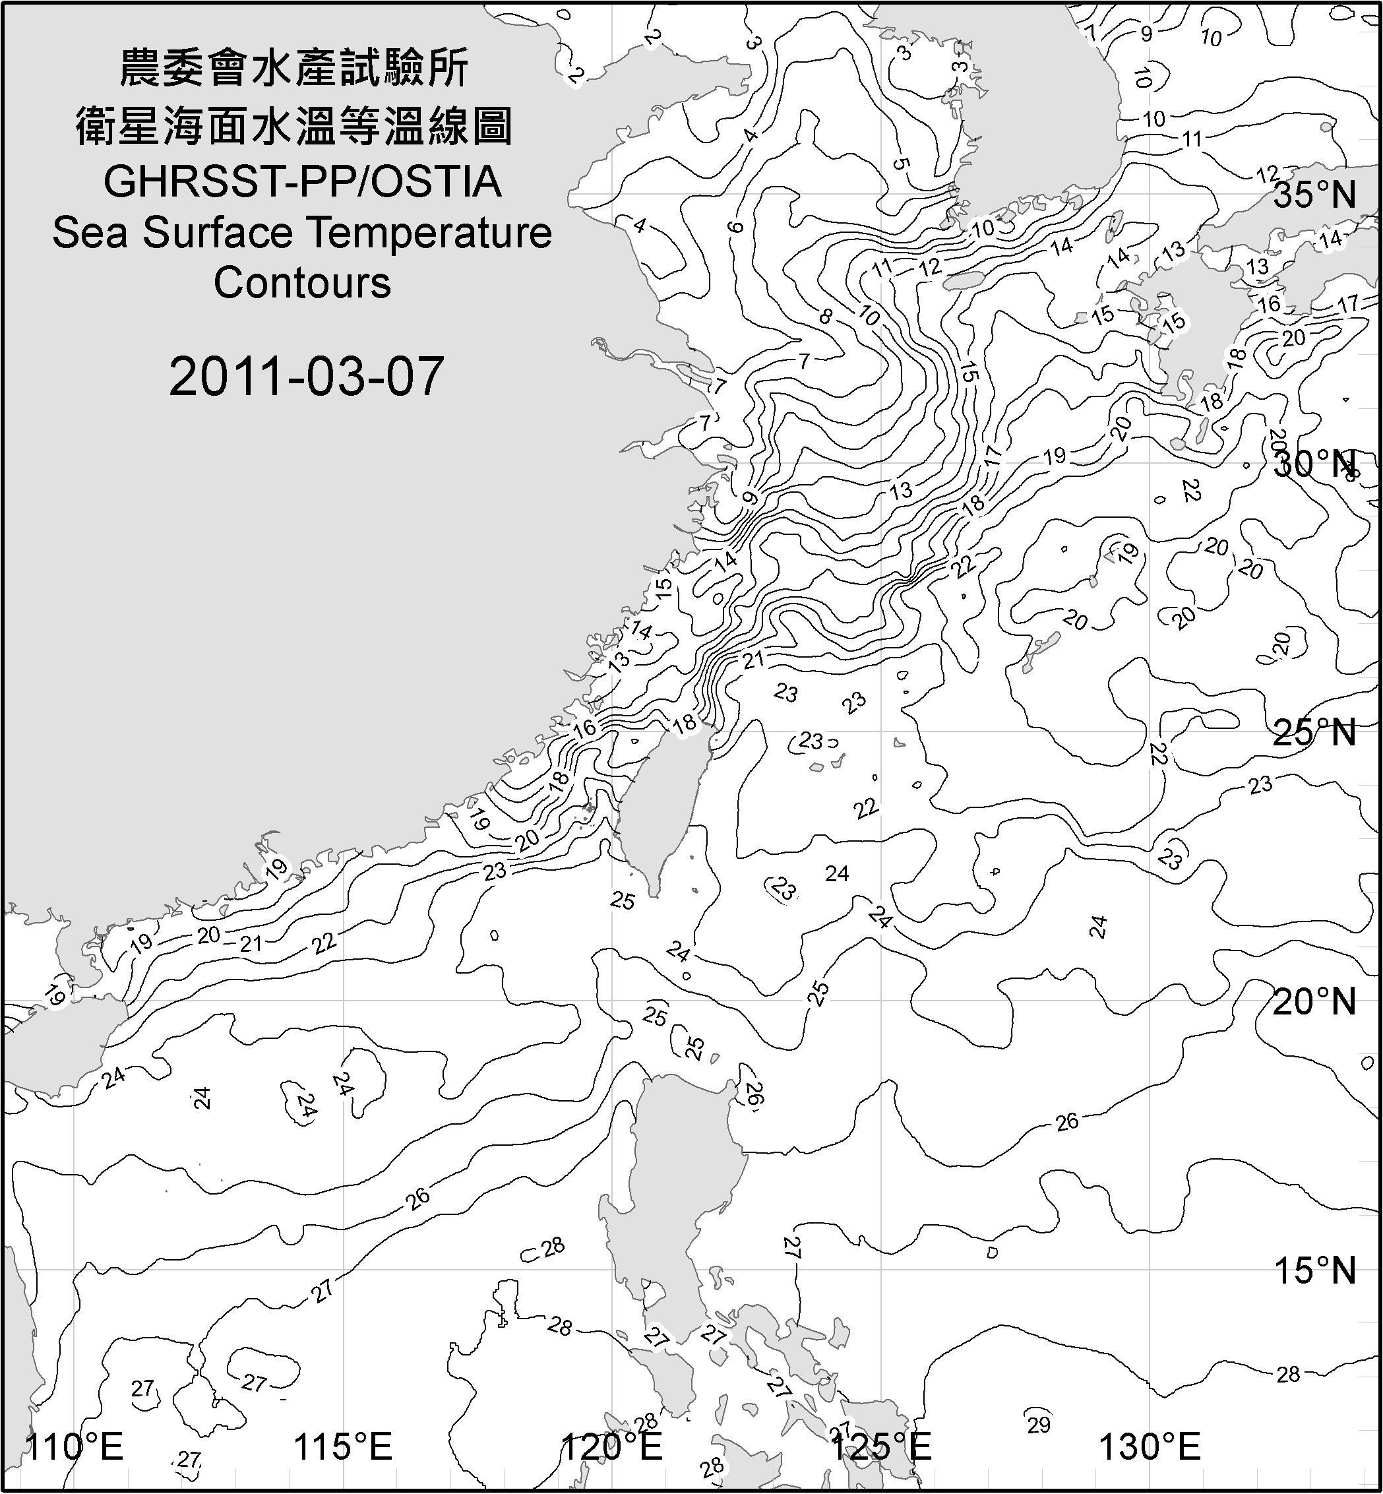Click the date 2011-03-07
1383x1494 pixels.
point(306,377)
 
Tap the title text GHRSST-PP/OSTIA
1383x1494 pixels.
point(302,182)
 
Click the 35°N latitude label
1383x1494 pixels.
point(1315,196)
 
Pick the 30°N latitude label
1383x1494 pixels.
point(1315,465)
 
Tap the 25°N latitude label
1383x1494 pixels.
point(1315,733)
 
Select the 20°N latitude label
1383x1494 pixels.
point(1315,1001)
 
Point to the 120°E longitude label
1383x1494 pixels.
point(612,1447)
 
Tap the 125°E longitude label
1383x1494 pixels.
point(882,1447)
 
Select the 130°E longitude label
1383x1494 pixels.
point(1150,1447)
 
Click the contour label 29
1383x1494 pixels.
point(1039,1424)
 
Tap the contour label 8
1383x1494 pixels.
point(826,316)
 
